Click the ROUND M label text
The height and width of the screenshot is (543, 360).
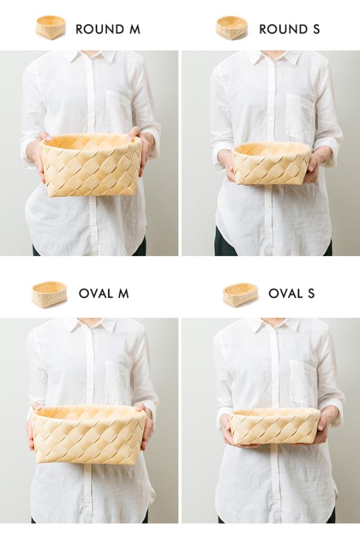[x=107, y=29]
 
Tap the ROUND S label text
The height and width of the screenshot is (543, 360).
[x=289, y=29]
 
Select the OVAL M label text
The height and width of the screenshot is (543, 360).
[x=104, y=294]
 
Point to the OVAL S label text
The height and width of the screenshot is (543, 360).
[x=291, y=294]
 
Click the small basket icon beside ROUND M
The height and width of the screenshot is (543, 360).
[x=51, y=27]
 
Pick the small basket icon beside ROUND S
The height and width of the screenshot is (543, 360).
[x=232, y=27]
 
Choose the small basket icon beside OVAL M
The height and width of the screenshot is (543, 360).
[x=49, y=294]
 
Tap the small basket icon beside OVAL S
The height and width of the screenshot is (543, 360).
[x=240, y=295]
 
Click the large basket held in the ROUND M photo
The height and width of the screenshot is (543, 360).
[x=91, y=165]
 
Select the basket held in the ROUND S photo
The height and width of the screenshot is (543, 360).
[x=271, y=163]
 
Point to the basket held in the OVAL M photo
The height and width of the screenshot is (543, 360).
[x=88, y=434]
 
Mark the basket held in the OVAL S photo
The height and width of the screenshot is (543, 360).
[x=274, y=427]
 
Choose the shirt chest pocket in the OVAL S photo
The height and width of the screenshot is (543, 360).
[x=303, y=383]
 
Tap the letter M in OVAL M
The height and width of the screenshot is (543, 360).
[x=123, y=294]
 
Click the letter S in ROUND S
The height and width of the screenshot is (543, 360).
[x=316, y=29]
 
